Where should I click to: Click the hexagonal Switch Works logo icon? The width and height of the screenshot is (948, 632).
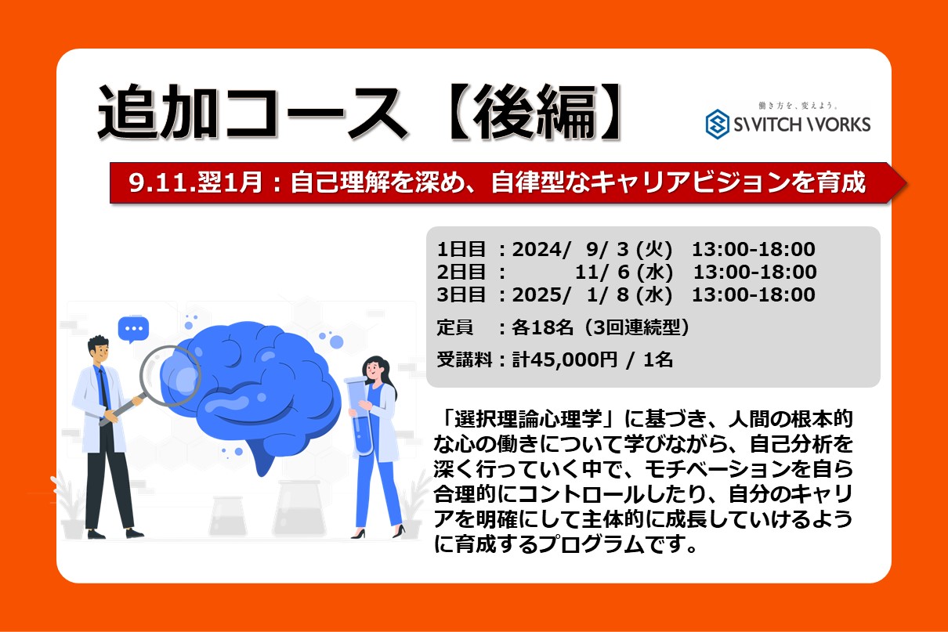(718, 124)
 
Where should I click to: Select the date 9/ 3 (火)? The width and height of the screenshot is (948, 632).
(629, 249)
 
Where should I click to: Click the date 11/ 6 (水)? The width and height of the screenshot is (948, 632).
(624, 272)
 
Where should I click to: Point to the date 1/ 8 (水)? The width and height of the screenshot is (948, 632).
(629, 294)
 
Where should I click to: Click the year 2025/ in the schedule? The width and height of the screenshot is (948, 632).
(541, 294)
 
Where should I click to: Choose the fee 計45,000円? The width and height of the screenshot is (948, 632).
(566, 359)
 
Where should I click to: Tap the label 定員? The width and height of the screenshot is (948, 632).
(455, 327)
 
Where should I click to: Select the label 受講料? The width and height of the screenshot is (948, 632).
(465, 359)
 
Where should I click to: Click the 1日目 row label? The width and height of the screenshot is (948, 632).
(461, 249)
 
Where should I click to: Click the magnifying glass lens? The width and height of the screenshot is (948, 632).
(170, 376)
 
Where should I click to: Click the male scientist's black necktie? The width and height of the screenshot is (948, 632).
(103, 388)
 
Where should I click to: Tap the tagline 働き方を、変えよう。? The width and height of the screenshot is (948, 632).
(798, 105)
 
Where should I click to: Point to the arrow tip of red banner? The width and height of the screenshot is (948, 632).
(906, 182)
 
